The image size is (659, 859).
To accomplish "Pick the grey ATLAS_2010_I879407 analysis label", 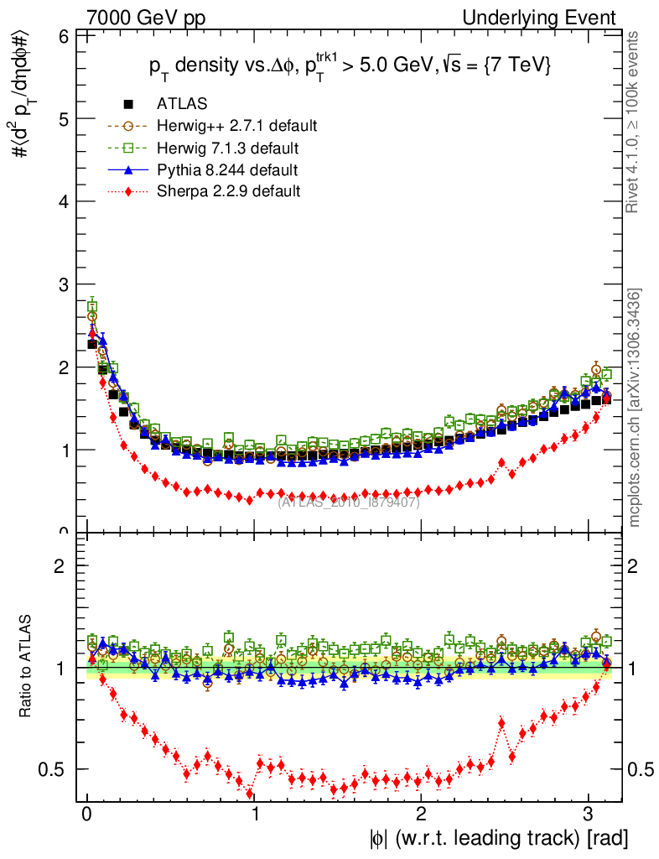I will tap(349, 502).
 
